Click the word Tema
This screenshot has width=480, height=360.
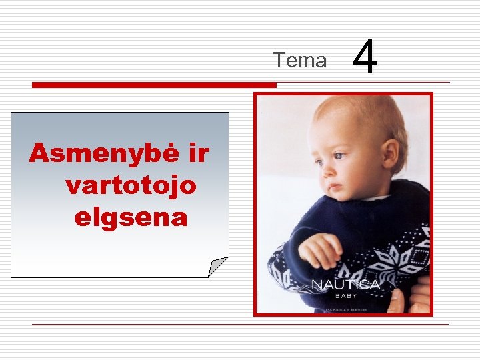click(300, 61)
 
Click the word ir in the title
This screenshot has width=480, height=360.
click(198, 154)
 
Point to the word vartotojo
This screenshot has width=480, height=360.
click(131, 185)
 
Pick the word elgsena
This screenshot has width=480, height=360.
click(131, 217)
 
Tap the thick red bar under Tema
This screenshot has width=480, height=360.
click(154, 85)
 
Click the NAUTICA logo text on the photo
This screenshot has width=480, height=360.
click(346, 285)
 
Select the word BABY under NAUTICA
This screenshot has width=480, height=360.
click(346, 296)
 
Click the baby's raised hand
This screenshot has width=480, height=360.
click(319, 251)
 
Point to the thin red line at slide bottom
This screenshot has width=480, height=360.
click(240, 325)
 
